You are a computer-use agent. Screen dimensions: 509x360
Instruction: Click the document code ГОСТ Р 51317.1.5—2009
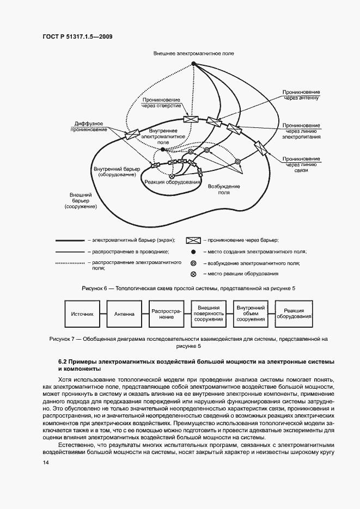pos(77,36)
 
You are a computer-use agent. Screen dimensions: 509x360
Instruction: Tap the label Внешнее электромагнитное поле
pos(194,54)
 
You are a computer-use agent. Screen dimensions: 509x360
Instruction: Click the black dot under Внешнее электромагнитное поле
pos(193,64)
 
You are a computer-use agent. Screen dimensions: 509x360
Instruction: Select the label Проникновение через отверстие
pos(161,103)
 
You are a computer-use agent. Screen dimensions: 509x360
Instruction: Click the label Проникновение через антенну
pos(301,95)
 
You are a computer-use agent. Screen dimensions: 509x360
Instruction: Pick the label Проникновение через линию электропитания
pos(301,131)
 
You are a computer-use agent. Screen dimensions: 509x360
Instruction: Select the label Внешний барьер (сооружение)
pos(80,201)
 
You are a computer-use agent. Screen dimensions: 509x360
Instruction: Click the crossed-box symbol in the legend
pos(194,240)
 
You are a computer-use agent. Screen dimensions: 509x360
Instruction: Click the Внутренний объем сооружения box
pos(251,314)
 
